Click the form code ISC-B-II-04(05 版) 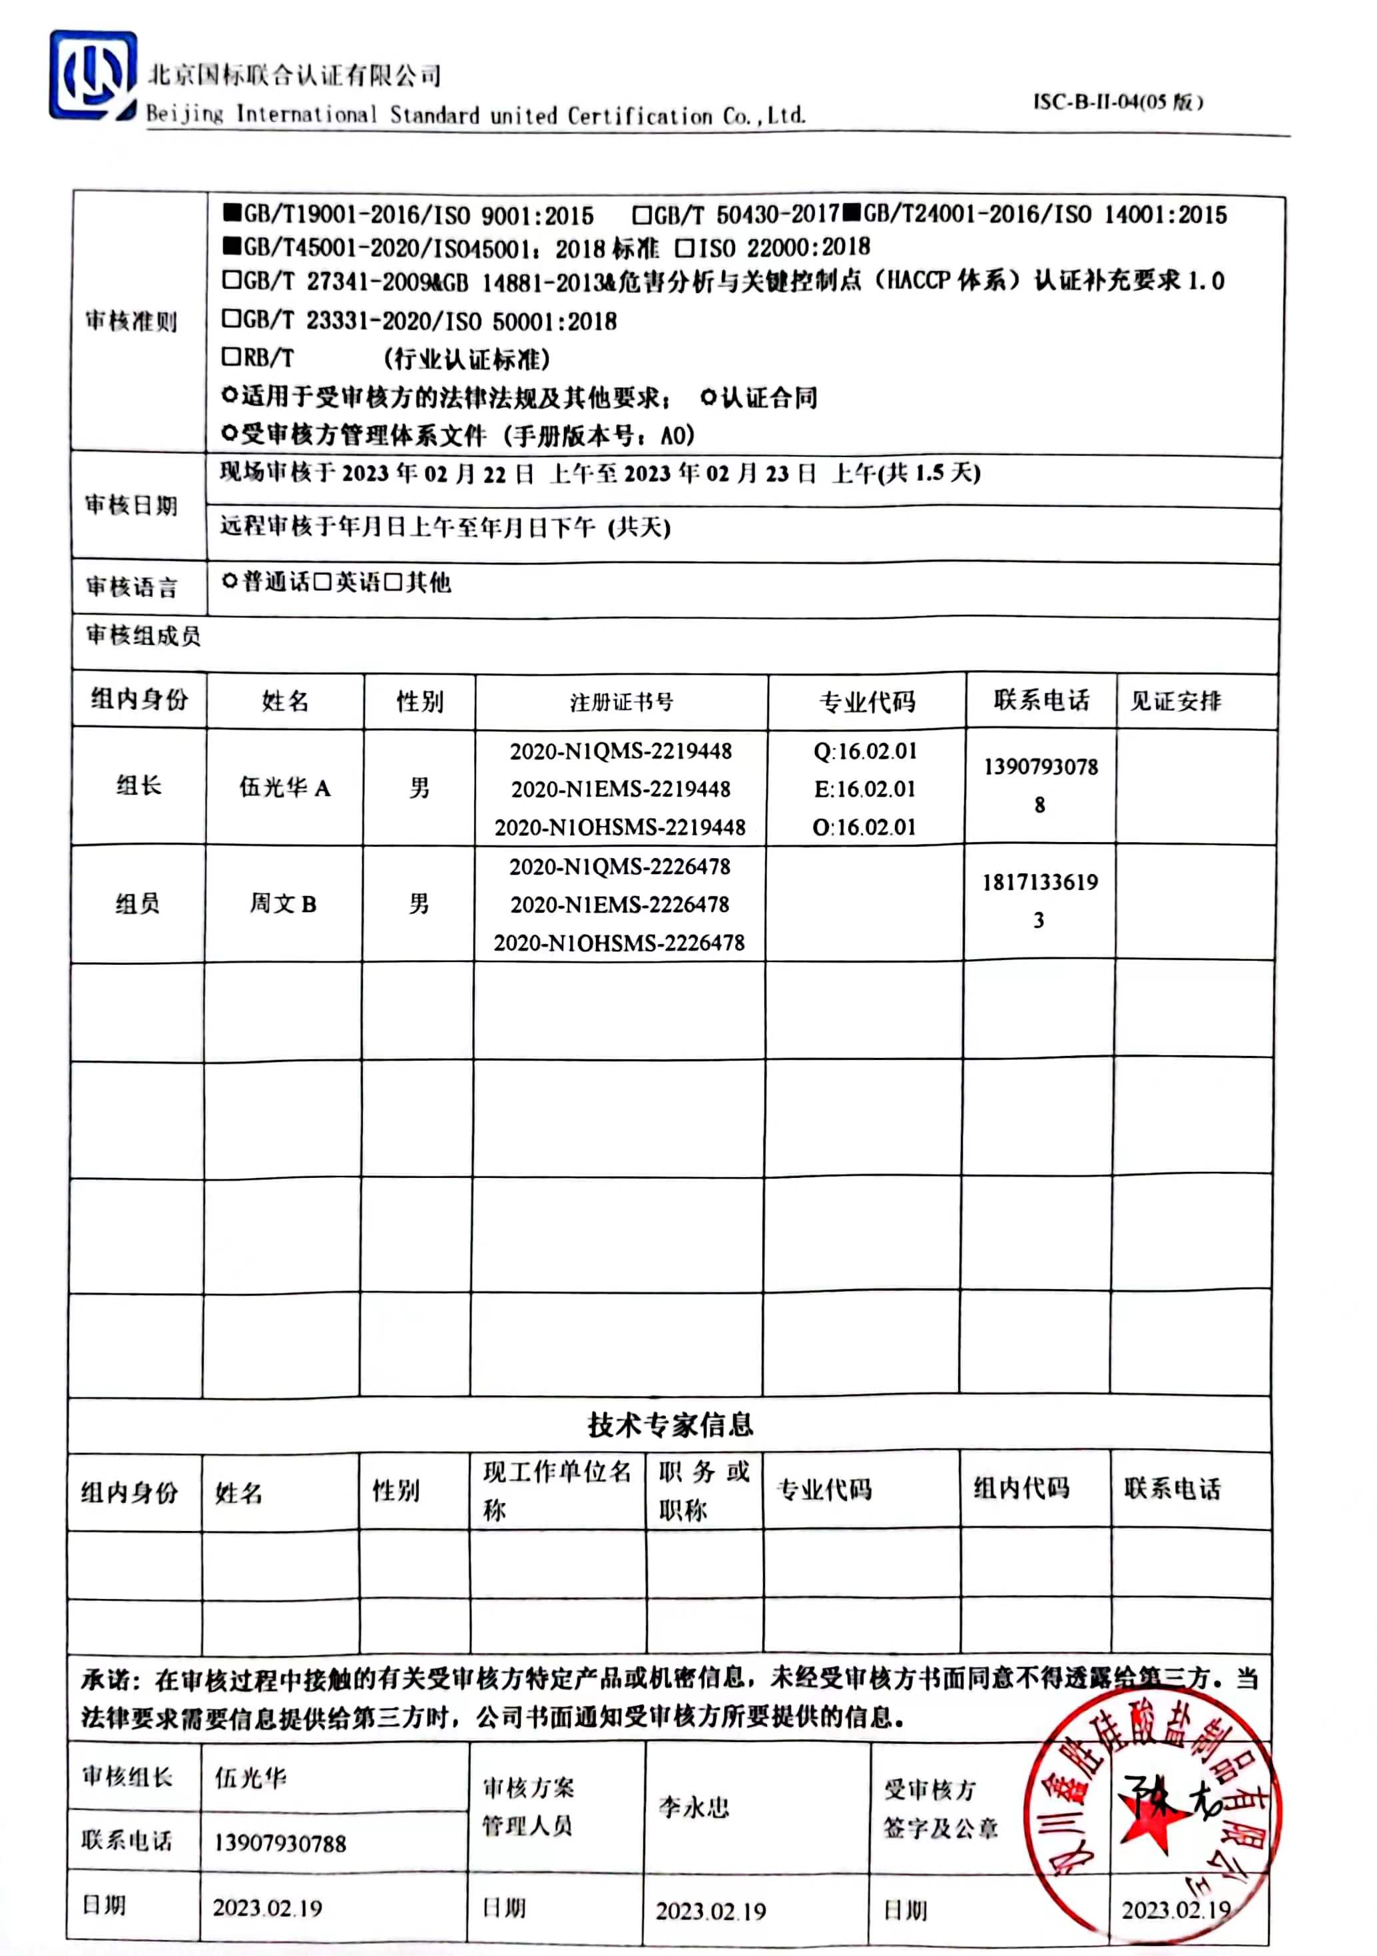[1117, 102]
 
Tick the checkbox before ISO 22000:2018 [684, 248]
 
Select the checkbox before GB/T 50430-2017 [642, 214]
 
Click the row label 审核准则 [131, 321]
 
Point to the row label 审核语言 [131, 586]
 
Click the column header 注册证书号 [621, 702]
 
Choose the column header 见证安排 [1175, 700]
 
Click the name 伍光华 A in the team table [284, 787]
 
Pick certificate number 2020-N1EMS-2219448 [621, 789]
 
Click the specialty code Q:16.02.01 [865, 751]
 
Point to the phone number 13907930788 [280, 1843]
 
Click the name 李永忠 [693, 1807]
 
